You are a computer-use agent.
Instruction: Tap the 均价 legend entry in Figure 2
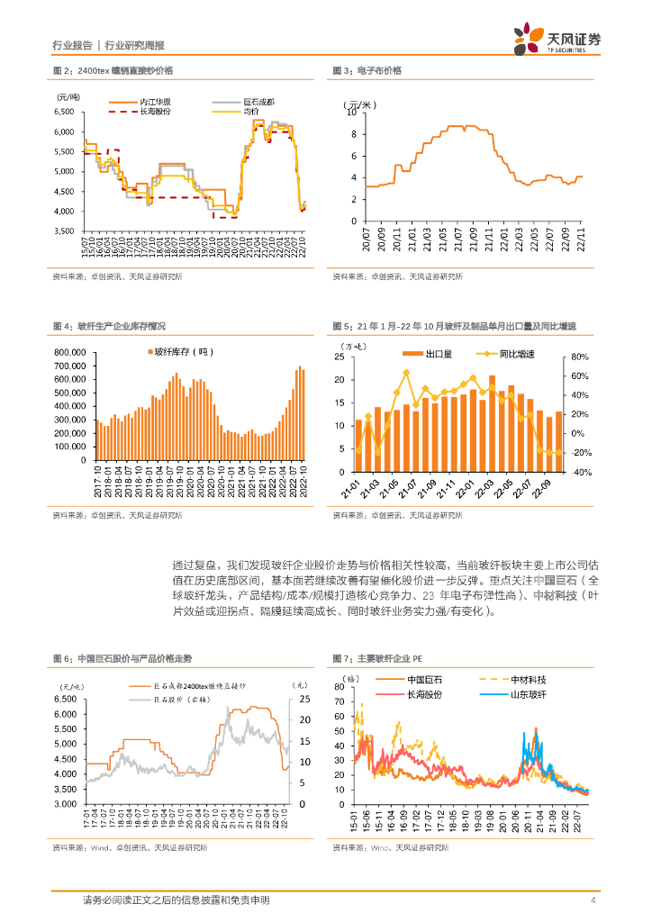pyautogui.click(x=252, y=112)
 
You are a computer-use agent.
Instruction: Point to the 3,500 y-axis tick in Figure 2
pyautogui.click(x=64, y=230)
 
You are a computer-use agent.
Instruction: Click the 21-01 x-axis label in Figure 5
pyautogui.click(x=357, y=489)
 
